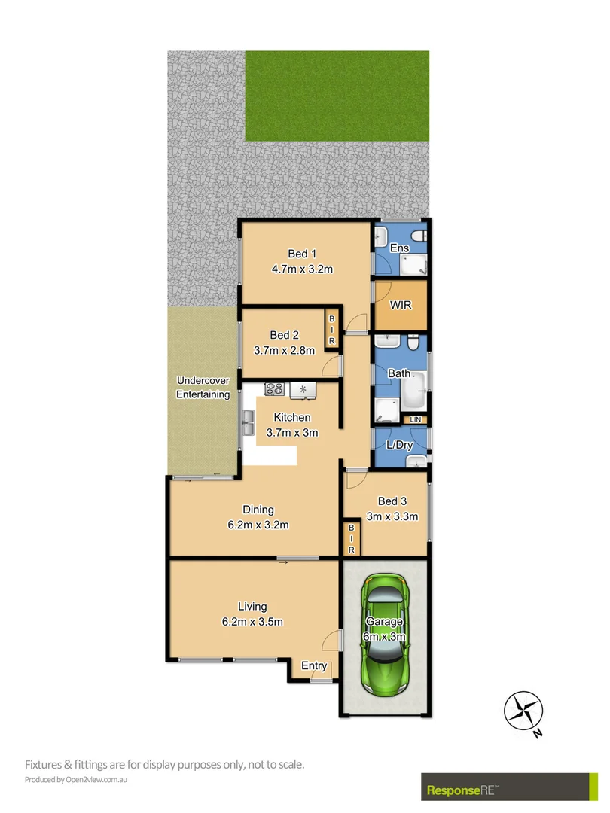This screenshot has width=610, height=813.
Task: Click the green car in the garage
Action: (x=386, y=636)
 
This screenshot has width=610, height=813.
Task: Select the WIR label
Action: (x=400, y=306)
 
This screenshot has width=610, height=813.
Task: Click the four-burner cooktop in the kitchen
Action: (x=273, y=389)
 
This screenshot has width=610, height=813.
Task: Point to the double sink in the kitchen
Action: (x=248, y=423)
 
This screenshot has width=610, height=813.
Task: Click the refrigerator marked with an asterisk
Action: (x=303, y=389)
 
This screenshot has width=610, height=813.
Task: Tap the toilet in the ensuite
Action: (x=421, y=236)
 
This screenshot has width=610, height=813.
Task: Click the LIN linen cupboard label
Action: (x=415, y=419)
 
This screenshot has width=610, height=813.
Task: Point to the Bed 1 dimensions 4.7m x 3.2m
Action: (x=302, y=268)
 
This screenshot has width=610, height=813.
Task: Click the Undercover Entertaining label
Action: (x=203, y=388)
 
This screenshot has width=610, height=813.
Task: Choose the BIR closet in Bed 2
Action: (x=331, y=330)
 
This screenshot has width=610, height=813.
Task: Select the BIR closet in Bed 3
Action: (x=350, y=539)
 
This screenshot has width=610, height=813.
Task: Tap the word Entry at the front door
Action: (x=314, y=665)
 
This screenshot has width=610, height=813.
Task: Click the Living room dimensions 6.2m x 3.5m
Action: (x=252, y=622)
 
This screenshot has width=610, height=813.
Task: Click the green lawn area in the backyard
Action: (x=337, y=96)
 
